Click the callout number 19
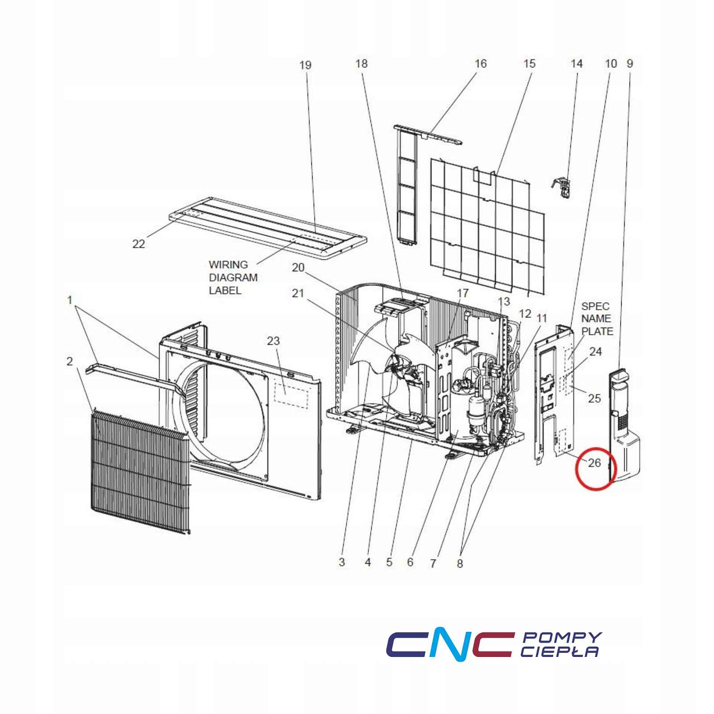(x=305, y=65)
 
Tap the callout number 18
(x=361, y=64)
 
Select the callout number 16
(x=480, y=64)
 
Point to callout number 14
(x=577, y=64)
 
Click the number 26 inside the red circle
(x=594, y=463)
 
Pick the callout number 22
(x=139, y=244)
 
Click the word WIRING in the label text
(x=228, y=265)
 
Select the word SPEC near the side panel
(x=595, y=306)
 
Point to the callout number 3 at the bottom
(x=341, y=562)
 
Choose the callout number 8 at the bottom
(x=460, y=564)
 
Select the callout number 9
(x=630, y=64)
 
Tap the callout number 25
(x=594, y=398)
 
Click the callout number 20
(x=298, y=268)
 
